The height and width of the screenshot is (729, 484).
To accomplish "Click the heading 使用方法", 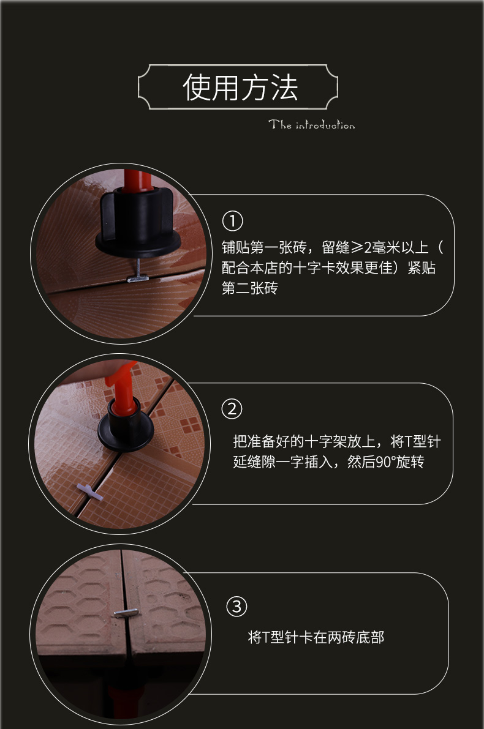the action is [x=240, y=87].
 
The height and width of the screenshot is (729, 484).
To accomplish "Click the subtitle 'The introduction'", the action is [x=311, y=125].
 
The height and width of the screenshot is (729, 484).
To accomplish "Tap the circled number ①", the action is [x=233, y=221].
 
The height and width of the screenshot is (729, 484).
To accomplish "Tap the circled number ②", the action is [x=232, y=409].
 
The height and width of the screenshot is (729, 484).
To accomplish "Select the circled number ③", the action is [x=236, y=606].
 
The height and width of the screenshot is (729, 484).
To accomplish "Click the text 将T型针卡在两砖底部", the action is [x=316, y=637].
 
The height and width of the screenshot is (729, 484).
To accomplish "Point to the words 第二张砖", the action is [x=249, y=288].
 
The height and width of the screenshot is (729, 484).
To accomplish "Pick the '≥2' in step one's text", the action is [x=362, y=247].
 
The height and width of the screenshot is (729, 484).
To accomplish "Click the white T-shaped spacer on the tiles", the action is [x=90, y=492].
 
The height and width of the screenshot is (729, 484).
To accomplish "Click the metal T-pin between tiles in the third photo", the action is [x=126, y=613].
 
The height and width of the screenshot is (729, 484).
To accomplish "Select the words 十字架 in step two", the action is [x=325, y=441].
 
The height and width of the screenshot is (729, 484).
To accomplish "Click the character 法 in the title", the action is [x=284, y=87].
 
